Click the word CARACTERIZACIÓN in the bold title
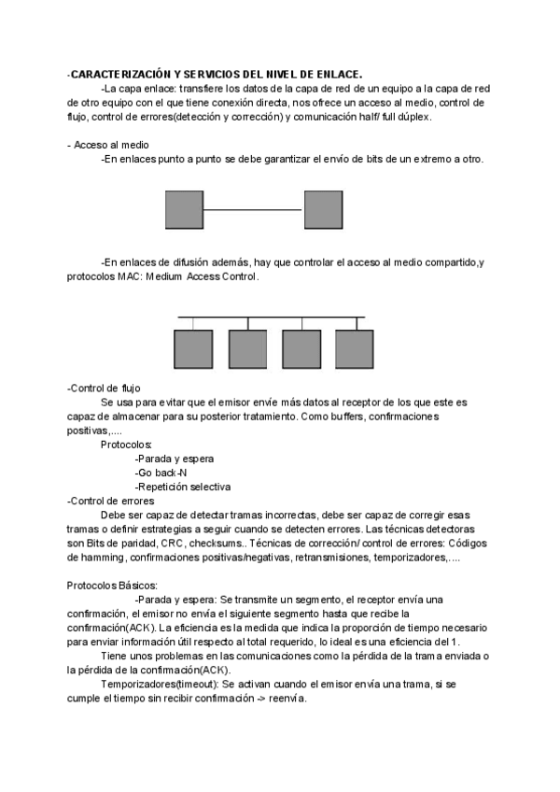click(x=119, y=74)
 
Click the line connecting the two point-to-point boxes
click(x=254, y=210)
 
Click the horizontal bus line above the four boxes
click(x=271, y=318)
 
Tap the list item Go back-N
click(x=161, y=473)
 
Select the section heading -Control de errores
click(x=111, y=501)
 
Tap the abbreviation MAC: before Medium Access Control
click(x=118, y=277)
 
